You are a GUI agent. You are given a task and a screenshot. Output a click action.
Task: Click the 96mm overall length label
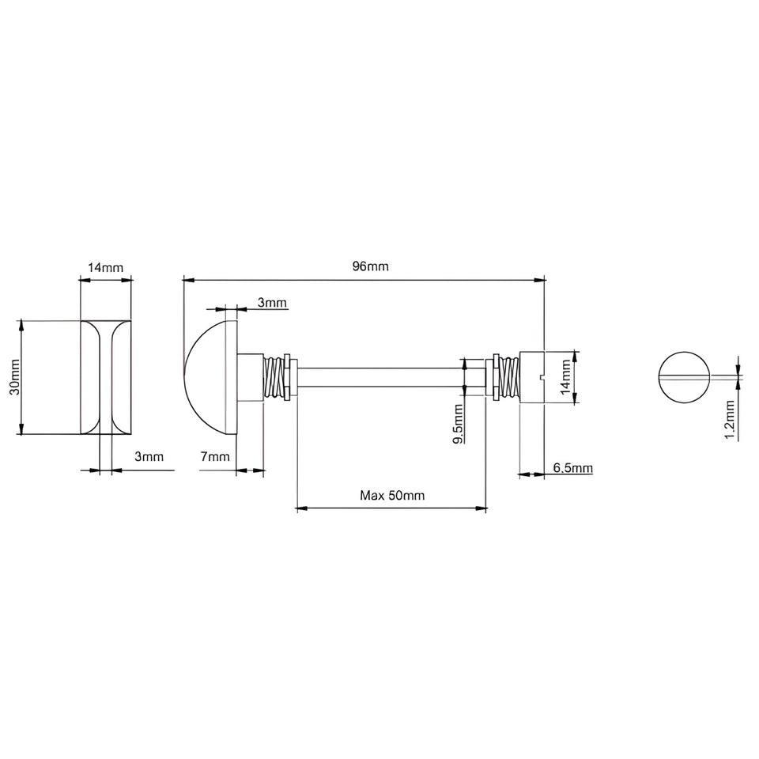coord(370,266)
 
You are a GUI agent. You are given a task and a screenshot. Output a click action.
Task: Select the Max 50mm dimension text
coord(392,495)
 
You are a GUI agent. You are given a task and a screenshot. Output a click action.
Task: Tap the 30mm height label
coord(16,377)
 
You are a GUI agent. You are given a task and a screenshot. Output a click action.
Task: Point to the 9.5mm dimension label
coord(458,424)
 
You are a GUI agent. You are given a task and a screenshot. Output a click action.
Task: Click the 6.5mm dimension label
coord(572,467)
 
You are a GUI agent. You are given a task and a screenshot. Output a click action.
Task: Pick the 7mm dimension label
coord(215,456)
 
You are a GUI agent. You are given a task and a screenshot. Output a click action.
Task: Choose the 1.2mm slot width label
coord(730,420)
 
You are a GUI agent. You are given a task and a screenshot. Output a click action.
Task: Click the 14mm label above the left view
coord(105,267)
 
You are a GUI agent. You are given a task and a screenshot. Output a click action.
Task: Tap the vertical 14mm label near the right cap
coord(566,376)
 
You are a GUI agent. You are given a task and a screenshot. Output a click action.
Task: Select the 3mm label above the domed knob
coord(271,303)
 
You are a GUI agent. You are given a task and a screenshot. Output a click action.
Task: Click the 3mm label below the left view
coord(149,456)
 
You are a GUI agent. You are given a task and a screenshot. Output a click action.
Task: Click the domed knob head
coord(206,377)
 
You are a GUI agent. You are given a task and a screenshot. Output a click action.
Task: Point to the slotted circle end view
coord(684,377)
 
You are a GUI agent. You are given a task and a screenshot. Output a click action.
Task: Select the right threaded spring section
coord(506,377)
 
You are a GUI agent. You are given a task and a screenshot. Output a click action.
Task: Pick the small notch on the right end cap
coord(542,376)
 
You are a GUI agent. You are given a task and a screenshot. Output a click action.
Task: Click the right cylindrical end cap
coord(532,377)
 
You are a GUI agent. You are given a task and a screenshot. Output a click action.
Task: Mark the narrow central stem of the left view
coord(105,377)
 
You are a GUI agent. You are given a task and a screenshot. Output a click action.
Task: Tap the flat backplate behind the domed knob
coord(232,377)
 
